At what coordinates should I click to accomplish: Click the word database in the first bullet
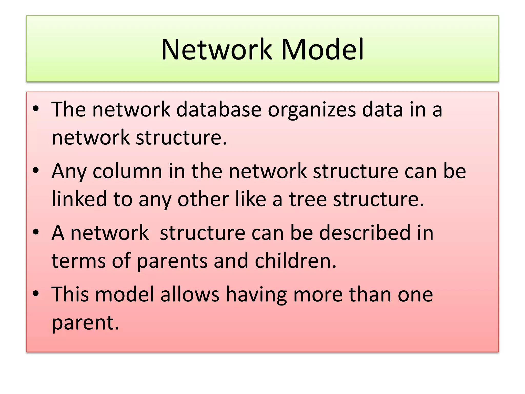point(219,110)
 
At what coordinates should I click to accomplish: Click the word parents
point(172,261)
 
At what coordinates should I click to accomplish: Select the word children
point(295,261)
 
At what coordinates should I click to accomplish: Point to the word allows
point(190,294)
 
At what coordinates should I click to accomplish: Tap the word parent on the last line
point(85,323)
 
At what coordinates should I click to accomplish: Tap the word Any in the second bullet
point(69,172)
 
